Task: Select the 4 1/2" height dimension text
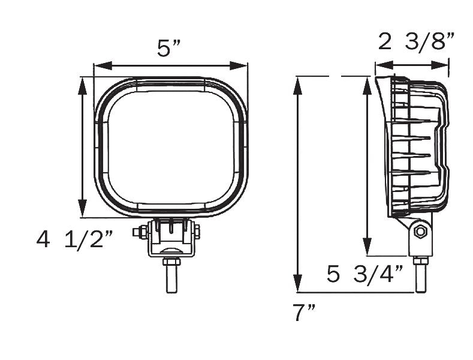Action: [x=74, y=239]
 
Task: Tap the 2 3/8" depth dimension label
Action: [x=416, y=42]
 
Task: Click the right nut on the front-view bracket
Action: [x=198, y=231]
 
